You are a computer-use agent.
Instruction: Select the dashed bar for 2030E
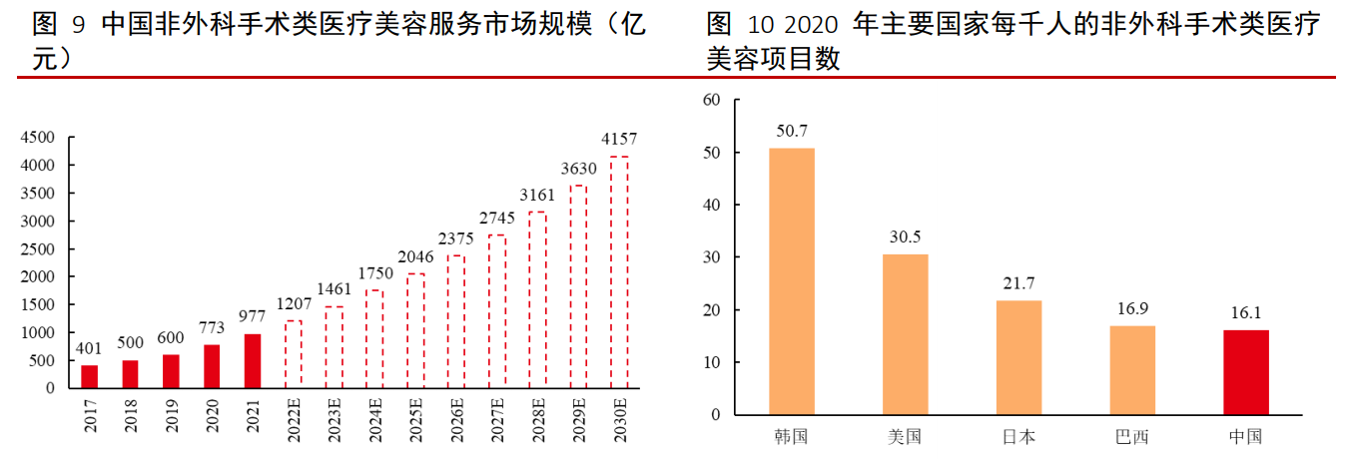point(619,271)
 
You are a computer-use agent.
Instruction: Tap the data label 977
point(253,316)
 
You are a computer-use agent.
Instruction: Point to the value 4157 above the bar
point(619,139)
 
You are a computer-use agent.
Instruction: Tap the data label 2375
point(456,238)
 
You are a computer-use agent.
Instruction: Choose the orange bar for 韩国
point(792,281)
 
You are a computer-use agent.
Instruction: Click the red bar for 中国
point(1246,372)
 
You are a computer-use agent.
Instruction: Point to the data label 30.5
point(905,236)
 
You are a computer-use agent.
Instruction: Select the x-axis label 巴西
point(1132,437)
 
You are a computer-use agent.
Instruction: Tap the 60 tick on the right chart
point(711,100)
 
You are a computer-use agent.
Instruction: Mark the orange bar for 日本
point(1018,357)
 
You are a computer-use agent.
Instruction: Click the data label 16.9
point(1132,308)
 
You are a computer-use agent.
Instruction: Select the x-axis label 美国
point(905,437)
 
